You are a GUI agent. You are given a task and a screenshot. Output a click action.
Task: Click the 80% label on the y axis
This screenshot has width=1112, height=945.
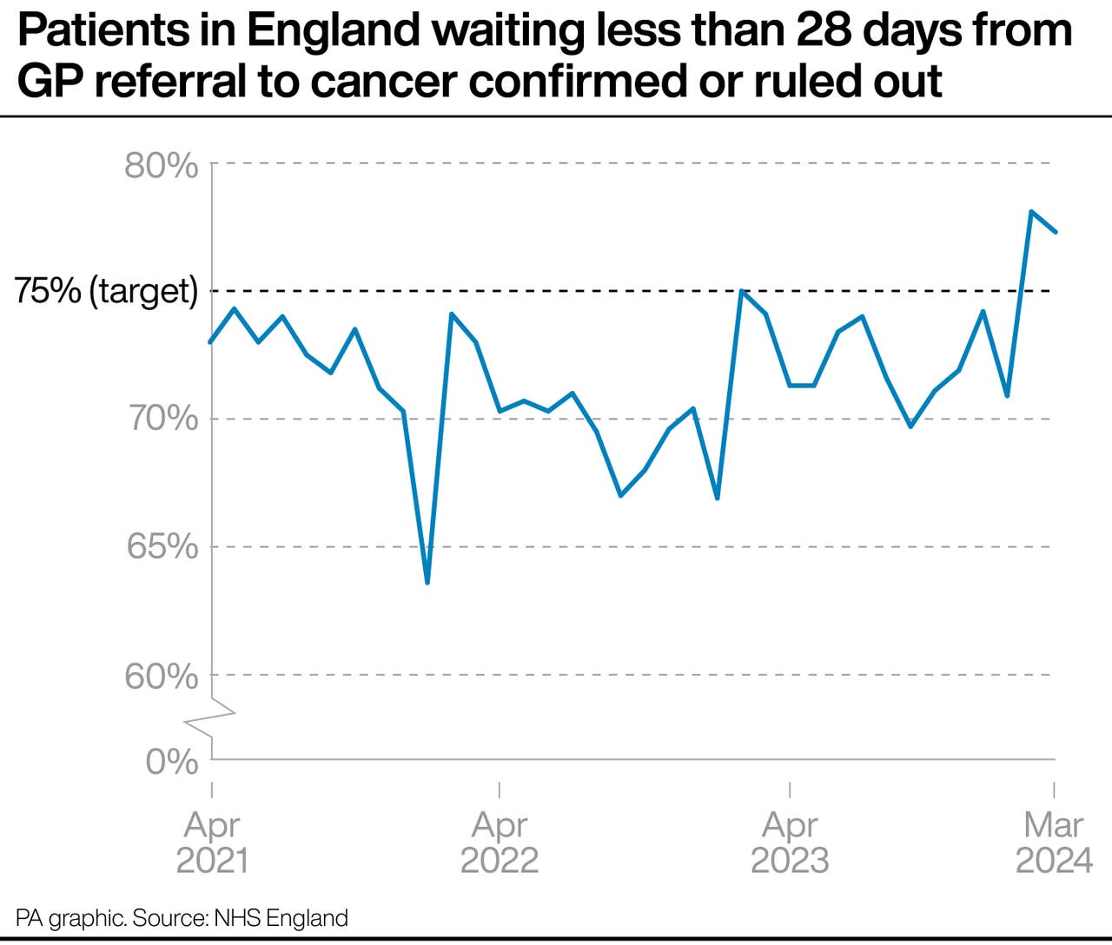point(162,165)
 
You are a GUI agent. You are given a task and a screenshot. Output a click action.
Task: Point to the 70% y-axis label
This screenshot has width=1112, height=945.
point(162,420)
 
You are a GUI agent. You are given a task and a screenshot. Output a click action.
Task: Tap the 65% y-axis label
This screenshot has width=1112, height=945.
point(162,547)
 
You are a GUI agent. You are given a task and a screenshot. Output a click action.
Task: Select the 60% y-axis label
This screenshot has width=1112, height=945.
point(162,676)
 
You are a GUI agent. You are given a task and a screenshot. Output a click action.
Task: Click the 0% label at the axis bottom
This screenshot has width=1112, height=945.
point(172,763)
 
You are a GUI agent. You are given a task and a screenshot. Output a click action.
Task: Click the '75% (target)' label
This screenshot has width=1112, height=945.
point(106,291)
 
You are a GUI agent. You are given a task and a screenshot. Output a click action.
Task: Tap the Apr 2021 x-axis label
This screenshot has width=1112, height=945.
point(212,843)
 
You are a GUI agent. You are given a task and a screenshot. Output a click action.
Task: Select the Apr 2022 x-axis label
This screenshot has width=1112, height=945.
point(500,843)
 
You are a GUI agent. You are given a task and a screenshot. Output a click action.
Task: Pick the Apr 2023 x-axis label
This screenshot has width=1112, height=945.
point(790,843)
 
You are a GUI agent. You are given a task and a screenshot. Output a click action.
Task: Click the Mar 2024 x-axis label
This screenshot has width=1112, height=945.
point(1054,843)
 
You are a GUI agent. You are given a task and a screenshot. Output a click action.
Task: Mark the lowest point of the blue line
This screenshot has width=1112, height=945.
point(427,582)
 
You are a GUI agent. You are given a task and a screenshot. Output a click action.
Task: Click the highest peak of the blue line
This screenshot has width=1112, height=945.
point(1030,211)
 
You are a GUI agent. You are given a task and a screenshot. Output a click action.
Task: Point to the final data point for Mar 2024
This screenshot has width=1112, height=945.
point(1055,232)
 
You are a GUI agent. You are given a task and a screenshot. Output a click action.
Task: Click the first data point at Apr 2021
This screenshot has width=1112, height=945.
point(211,341)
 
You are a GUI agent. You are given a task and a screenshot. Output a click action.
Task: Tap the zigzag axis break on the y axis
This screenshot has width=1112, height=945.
point(213,717)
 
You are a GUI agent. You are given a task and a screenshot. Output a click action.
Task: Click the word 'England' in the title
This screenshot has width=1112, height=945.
point(334,32)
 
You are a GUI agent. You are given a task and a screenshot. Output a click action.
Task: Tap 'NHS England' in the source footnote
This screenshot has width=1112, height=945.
point(281,918)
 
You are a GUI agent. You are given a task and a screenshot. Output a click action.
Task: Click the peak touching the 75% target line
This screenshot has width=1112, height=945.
point(741,291)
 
